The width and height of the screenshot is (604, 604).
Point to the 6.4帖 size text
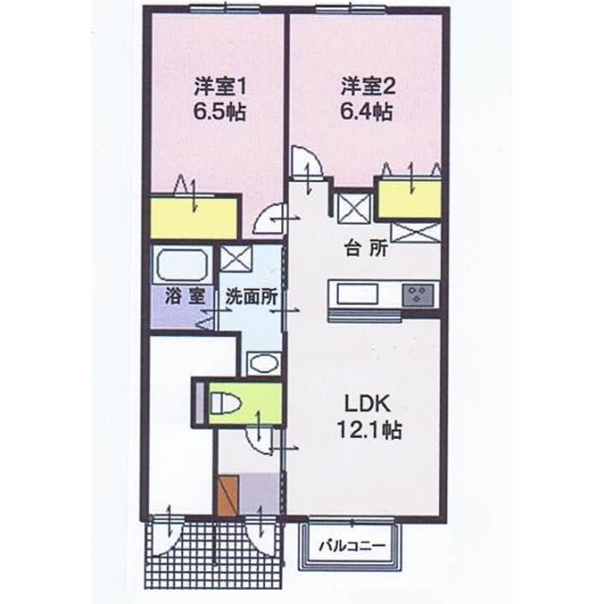(367, 112)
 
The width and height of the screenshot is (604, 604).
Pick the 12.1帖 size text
(368, 430)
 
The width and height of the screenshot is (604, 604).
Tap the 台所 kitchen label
(365, 251)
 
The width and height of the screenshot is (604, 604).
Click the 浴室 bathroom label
(183, 294)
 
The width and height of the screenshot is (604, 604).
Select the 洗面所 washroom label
(251, 294)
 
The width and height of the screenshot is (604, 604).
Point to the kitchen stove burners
(415, 294)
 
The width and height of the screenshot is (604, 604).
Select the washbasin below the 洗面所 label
(260, 362)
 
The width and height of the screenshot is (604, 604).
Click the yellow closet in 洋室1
(193, 218)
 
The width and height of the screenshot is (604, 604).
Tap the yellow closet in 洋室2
(410, 199)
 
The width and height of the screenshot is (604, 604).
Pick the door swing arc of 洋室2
(308, 162)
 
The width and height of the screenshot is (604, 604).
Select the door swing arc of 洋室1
(274, 220)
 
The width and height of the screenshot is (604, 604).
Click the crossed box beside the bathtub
(233, 257)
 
